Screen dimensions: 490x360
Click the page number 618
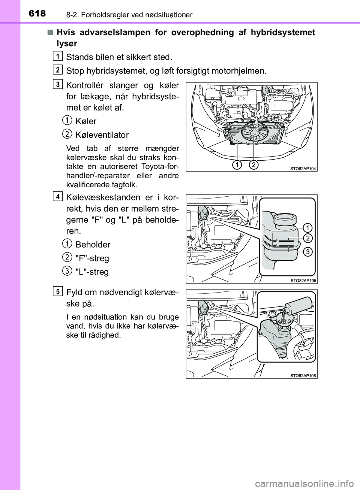37,13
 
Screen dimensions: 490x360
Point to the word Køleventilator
102,135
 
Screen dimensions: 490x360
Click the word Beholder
93,245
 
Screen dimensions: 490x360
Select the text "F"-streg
92,258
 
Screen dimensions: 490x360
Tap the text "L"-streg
92,272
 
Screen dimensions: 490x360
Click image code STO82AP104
303,169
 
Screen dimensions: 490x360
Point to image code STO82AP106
303,375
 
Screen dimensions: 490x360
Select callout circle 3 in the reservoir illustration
307,252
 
